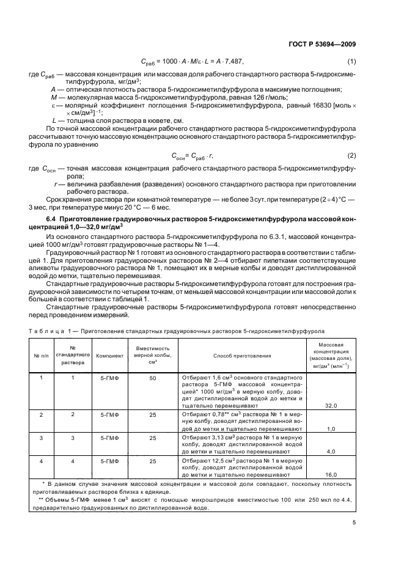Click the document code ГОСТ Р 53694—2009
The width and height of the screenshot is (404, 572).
322,43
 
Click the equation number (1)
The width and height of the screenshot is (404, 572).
351,61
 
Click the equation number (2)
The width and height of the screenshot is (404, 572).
351,155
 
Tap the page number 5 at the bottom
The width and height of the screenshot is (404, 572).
354,522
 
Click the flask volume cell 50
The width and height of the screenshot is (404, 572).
152,379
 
